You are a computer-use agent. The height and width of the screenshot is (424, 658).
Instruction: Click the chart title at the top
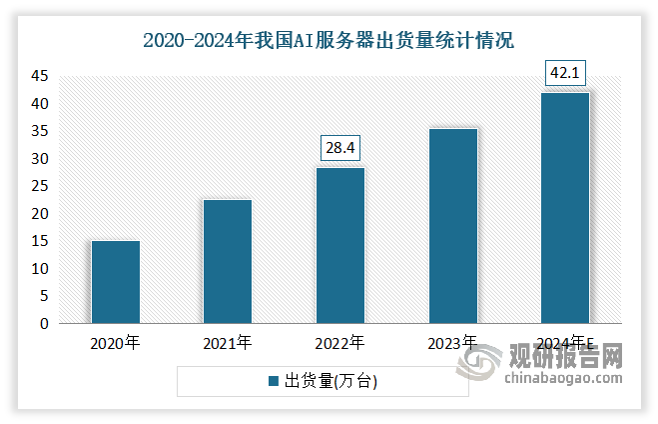[x=329, y=41]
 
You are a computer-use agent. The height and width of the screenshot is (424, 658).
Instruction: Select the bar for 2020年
[x=115, y=282]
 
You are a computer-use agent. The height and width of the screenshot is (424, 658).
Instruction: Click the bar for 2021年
[x=228, y=261]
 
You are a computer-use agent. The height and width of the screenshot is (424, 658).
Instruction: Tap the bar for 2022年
[x=339, y=245]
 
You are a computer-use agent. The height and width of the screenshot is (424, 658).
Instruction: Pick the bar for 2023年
[x=452, y=226]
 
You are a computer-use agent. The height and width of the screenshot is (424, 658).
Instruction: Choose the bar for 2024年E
[x=564, y=208]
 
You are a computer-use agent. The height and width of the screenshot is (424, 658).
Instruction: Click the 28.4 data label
[x=339, y=148]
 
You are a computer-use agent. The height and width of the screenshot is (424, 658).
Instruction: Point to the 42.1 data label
[x=565, y=73]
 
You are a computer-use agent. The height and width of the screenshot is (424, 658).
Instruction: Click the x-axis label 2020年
[x=115, y=343]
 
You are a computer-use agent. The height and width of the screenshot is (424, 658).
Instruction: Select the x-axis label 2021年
[x=228, y=343]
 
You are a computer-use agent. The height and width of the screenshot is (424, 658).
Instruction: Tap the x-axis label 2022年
[x=339, y=343]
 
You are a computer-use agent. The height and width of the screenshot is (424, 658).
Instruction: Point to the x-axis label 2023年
[x=452, y=343]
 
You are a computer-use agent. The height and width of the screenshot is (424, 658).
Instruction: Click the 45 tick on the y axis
[x=40, y=76]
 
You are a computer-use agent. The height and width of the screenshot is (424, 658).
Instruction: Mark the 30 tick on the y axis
[x=40, y=159]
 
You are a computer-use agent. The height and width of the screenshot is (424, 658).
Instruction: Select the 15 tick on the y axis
[x=40, y=241]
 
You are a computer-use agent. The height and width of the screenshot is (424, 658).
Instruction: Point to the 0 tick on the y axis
[x=44, y=324]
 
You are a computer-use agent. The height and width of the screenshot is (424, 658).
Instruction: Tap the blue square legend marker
[x=273, y=381]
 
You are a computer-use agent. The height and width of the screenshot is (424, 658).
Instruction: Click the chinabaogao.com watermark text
[x=564, y=378]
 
